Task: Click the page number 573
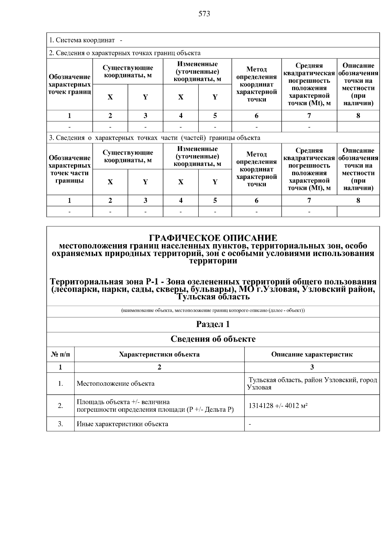coord(204,14)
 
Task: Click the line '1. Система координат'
coord(82,40)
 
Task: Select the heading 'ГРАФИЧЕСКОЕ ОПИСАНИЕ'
coord(213,238)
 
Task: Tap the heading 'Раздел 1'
coord(213,324)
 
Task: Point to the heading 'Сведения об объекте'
coord(213,339)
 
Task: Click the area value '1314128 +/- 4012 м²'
coord(278,406)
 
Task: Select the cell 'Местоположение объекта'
coord(116,383)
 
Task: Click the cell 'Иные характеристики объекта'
coord(123,424)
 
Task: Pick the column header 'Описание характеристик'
coord(312,354)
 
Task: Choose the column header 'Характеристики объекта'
coord(159,354)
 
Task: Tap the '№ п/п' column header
coord(60,354)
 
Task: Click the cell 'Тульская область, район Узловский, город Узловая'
coord(312,383)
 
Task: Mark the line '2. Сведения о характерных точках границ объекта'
coord(125,53)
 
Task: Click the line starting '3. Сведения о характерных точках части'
coord(155,138)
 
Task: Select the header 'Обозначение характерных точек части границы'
coord(70,169)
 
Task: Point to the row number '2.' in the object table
coord(60,406)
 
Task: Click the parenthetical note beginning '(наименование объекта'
coord(213,310)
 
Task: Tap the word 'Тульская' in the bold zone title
coord(193,297)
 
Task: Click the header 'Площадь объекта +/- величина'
coord(123,402)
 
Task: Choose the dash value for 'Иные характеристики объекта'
coord(250,424)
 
